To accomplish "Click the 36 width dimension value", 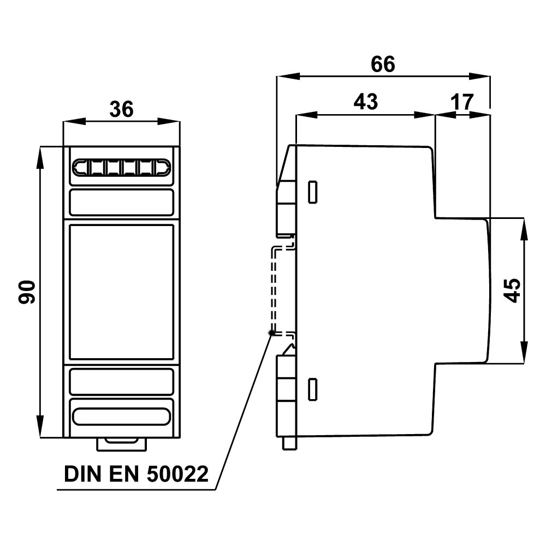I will point(121,109).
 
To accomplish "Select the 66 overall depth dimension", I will point(382,64).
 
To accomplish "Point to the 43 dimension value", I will point(365,102).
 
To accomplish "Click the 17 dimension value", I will point(462,102).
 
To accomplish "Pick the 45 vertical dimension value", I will point(512,289).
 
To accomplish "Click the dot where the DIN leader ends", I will point(271,333).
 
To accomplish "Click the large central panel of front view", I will point(121,292).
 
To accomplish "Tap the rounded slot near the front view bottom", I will point(121,417).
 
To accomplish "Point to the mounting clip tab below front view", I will point(121,443).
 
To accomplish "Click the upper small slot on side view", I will point(313,192).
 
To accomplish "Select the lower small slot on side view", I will point(313,388).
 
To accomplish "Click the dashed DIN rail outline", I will point(275,289).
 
